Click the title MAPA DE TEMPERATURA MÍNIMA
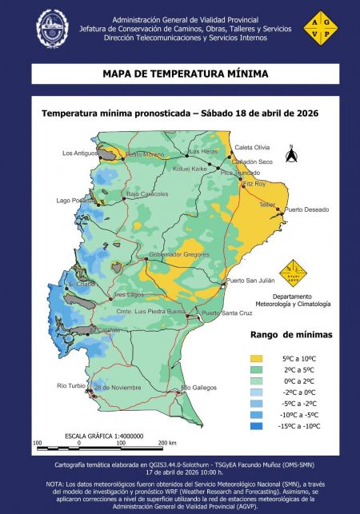tap(180, 74)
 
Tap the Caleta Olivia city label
tap(253, 148)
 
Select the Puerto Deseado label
tap(306, 210)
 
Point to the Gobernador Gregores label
tap(180, 254)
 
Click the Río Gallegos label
tap(199, 388)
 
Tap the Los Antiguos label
tap(79, 153)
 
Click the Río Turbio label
tap(71, 386)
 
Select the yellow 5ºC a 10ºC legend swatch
tap(257, 359)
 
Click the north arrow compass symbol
tap(292, 152)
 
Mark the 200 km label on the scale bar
tap(167, 442)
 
